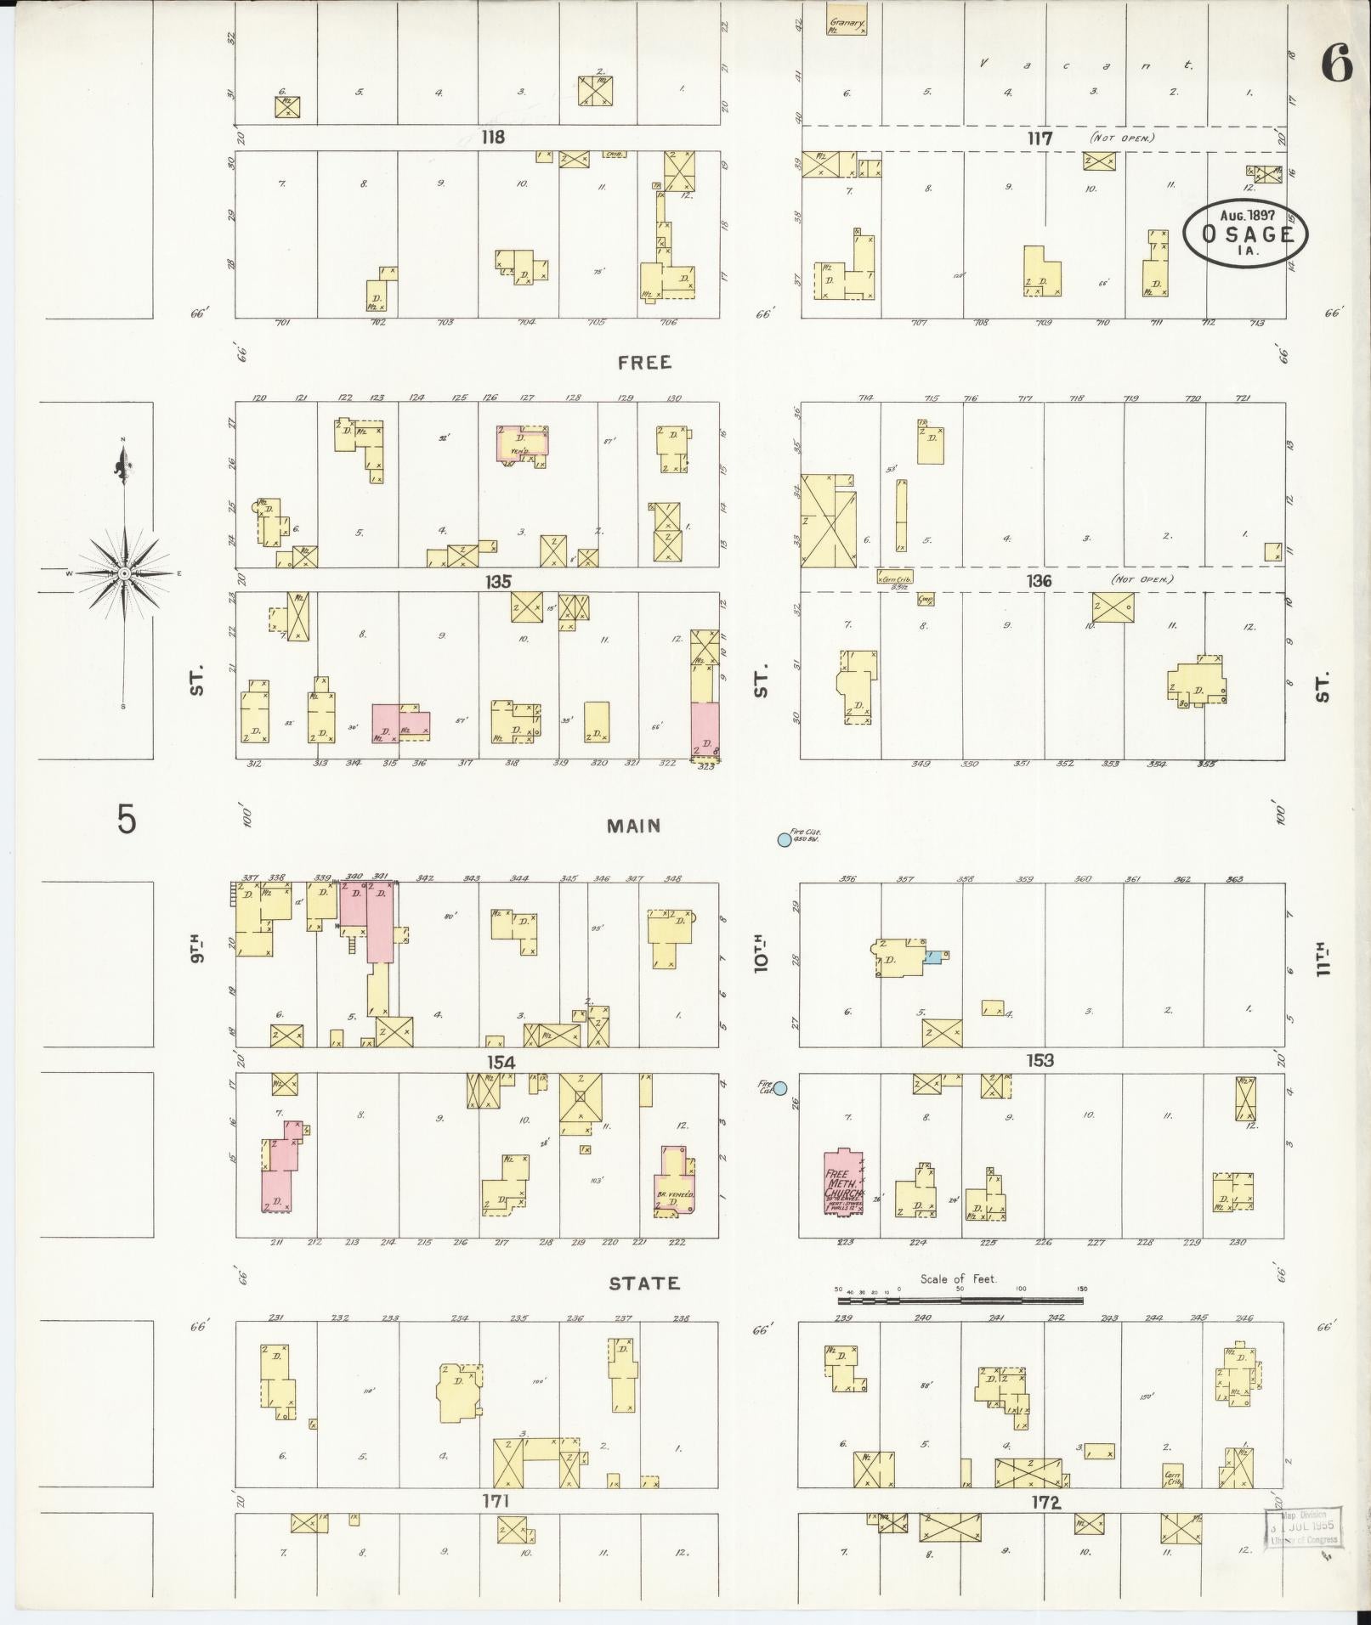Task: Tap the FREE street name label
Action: tap(645, 363)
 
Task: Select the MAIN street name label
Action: tap(634, 826)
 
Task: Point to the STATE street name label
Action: tap(644, 1283)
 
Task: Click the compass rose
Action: tap(124, 573)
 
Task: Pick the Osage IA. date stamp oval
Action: tap(1245, 233)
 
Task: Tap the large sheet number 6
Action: tap(1337, 65)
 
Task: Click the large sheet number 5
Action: tap(126, 821)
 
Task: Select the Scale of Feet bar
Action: tap(960, 1300)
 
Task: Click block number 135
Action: tap(498, 582)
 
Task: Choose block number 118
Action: tap(492, 137)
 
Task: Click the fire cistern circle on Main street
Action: tap(784, 840)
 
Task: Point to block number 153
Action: tap(1040, 1060)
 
